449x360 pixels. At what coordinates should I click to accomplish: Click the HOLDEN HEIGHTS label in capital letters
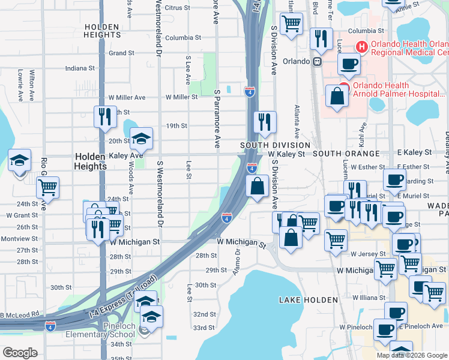(103, 31)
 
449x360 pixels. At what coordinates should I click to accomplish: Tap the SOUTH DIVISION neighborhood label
(275, 145)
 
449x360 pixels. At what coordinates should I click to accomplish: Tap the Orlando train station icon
(317, 61)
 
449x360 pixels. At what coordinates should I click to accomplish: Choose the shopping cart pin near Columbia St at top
(291, 25)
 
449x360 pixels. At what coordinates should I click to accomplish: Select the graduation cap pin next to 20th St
(141, 139)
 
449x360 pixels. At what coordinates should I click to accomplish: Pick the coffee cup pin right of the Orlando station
(349, 63)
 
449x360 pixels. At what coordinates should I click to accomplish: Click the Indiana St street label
(80, 68)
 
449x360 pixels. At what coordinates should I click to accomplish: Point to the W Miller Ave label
(127, 97)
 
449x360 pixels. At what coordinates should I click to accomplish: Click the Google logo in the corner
(20, 353)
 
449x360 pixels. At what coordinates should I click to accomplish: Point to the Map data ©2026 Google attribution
(411, 355)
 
